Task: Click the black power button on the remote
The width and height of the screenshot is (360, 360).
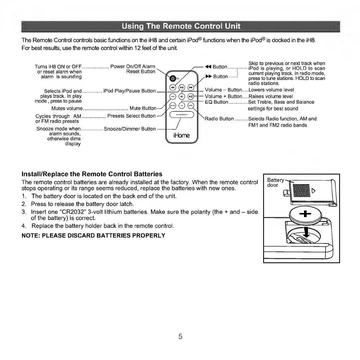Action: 172,79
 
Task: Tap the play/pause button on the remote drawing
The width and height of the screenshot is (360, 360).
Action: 182,88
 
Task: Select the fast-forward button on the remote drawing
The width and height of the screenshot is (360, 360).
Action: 191,88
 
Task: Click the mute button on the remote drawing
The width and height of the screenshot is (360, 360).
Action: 173,96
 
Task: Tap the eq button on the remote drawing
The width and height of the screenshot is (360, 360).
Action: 182,105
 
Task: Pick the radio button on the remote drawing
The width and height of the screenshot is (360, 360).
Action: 191,105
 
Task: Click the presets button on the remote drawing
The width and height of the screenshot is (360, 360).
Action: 173,105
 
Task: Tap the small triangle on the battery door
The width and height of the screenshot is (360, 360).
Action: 313,191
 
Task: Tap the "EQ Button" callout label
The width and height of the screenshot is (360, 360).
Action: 216,102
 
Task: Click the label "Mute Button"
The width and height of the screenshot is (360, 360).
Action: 143,108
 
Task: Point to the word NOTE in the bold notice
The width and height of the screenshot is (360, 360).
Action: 30,236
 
